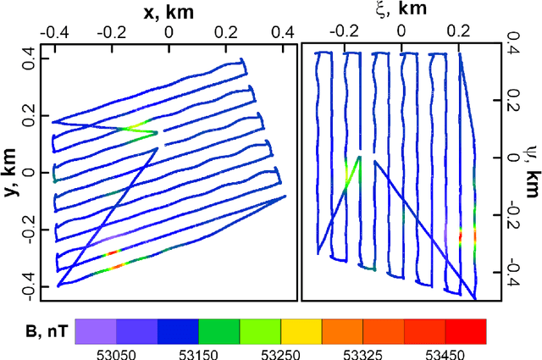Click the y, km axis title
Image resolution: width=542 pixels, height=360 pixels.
pyautogui.click(x=12, y=172)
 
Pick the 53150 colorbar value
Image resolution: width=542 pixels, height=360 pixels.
pyautogui.click(x=198, y=353)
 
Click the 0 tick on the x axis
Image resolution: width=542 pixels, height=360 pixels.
pyautogui.click(x=169, y=31)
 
